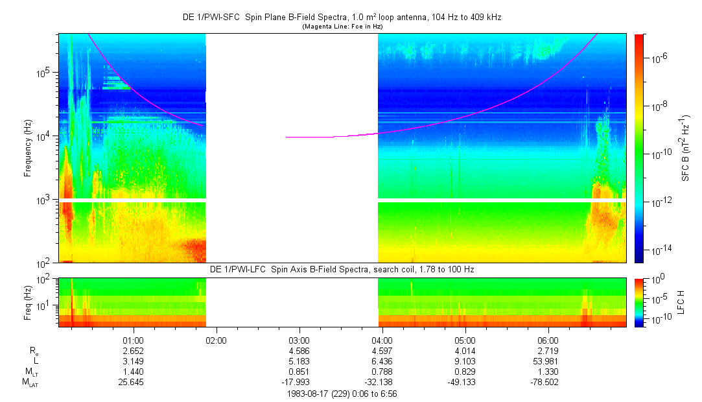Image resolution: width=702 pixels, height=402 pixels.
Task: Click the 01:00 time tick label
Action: coord(134,340)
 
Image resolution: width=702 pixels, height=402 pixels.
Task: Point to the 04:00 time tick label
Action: coord(382,340)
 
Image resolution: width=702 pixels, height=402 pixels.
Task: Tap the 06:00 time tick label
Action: coord(548,340)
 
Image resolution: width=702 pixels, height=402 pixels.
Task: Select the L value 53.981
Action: coord(548,361)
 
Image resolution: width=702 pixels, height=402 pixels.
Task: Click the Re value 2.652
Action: coord(134,351)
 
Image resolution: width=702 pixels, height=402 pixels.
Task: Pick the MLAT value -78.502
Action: coord(548,382)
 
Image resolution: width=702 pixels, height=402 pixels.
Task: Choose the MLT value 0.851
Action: coord(299,372)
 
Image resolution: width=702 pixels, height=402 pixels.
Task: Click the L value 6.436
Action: coord(382,361)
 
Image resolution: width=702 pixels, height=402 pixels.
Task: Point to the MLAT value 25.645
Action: coord(134,382)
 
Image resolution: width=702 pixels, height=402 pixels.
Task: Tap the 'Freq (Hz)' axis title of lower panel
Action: coord(28,301)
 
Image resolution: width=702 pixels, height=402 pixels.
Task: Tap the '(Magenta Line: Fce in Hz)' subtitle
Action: coord(342,26)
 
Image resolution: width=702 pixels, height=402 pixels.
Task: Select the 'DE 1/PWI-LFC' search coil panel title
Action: coord(342,269)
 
